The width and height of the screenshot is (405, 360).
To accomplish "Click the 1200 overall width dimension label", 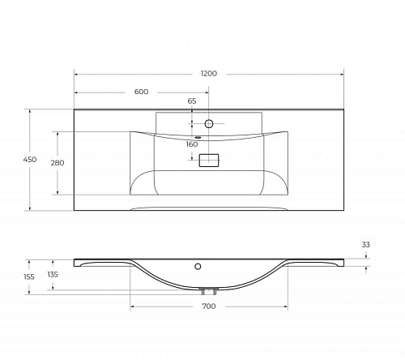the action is tap(209, 74).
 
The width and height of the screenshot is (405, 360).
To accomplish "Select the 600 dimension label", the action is tap(141, 92).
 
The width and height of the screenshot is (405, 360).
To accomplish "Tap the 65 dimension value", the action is tap(192, 101).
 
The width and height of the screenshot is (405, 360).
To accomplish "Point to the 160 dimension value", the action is tap(192, 144).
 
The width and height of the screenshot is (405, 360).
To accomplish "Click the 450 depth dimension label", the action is tap(30, 160).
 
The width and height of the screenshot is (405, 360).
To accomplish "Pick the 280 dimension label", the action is tap(58, 163).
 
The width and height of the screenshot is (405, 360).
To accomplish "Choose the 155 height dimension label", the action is tap(29, 276).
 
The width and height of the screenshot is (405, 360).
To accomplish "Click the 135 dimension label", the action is tap(53, 275).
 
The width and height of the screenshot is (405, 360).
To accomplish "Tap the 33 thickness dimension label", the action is tap(366, 245).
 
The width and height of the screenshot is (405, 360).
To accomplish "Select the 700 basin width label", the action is tap(209, 306).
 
